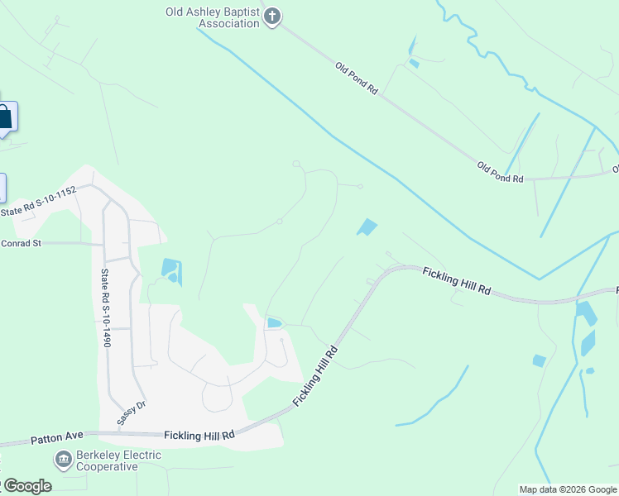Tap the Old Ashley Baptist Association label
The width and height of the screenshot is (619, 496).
214,17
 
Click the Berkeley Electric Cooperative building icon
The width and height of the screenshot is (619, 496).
63,459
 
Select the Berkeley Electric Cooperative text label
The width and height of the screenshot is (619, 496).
118,460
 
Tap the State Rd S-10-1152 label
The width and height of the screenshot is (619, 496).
38,202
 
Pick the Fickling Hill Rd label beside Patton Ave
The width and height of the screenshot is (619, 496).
199,434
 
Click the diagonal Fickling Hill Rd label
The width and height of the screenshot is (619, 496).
315,376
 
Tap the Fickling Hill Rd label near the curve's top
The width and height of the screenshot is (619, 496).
457,280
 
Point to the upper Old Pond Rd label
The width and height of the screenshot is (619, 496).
357,78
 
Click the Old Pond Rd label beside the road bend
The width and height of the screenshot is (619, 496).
500,172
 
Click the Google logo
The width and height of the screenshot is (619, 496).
26,486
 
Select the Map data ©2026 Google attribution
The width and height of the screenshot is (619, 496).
568,489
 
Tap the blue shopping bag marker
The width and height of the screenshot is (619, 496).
5,117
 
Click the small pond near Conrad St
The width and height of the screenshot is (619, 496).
170,269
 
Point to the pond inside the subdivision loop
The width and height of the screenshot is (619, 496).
274,322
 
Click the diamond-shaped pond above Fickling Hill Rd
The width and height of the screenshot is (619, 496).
367,227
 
